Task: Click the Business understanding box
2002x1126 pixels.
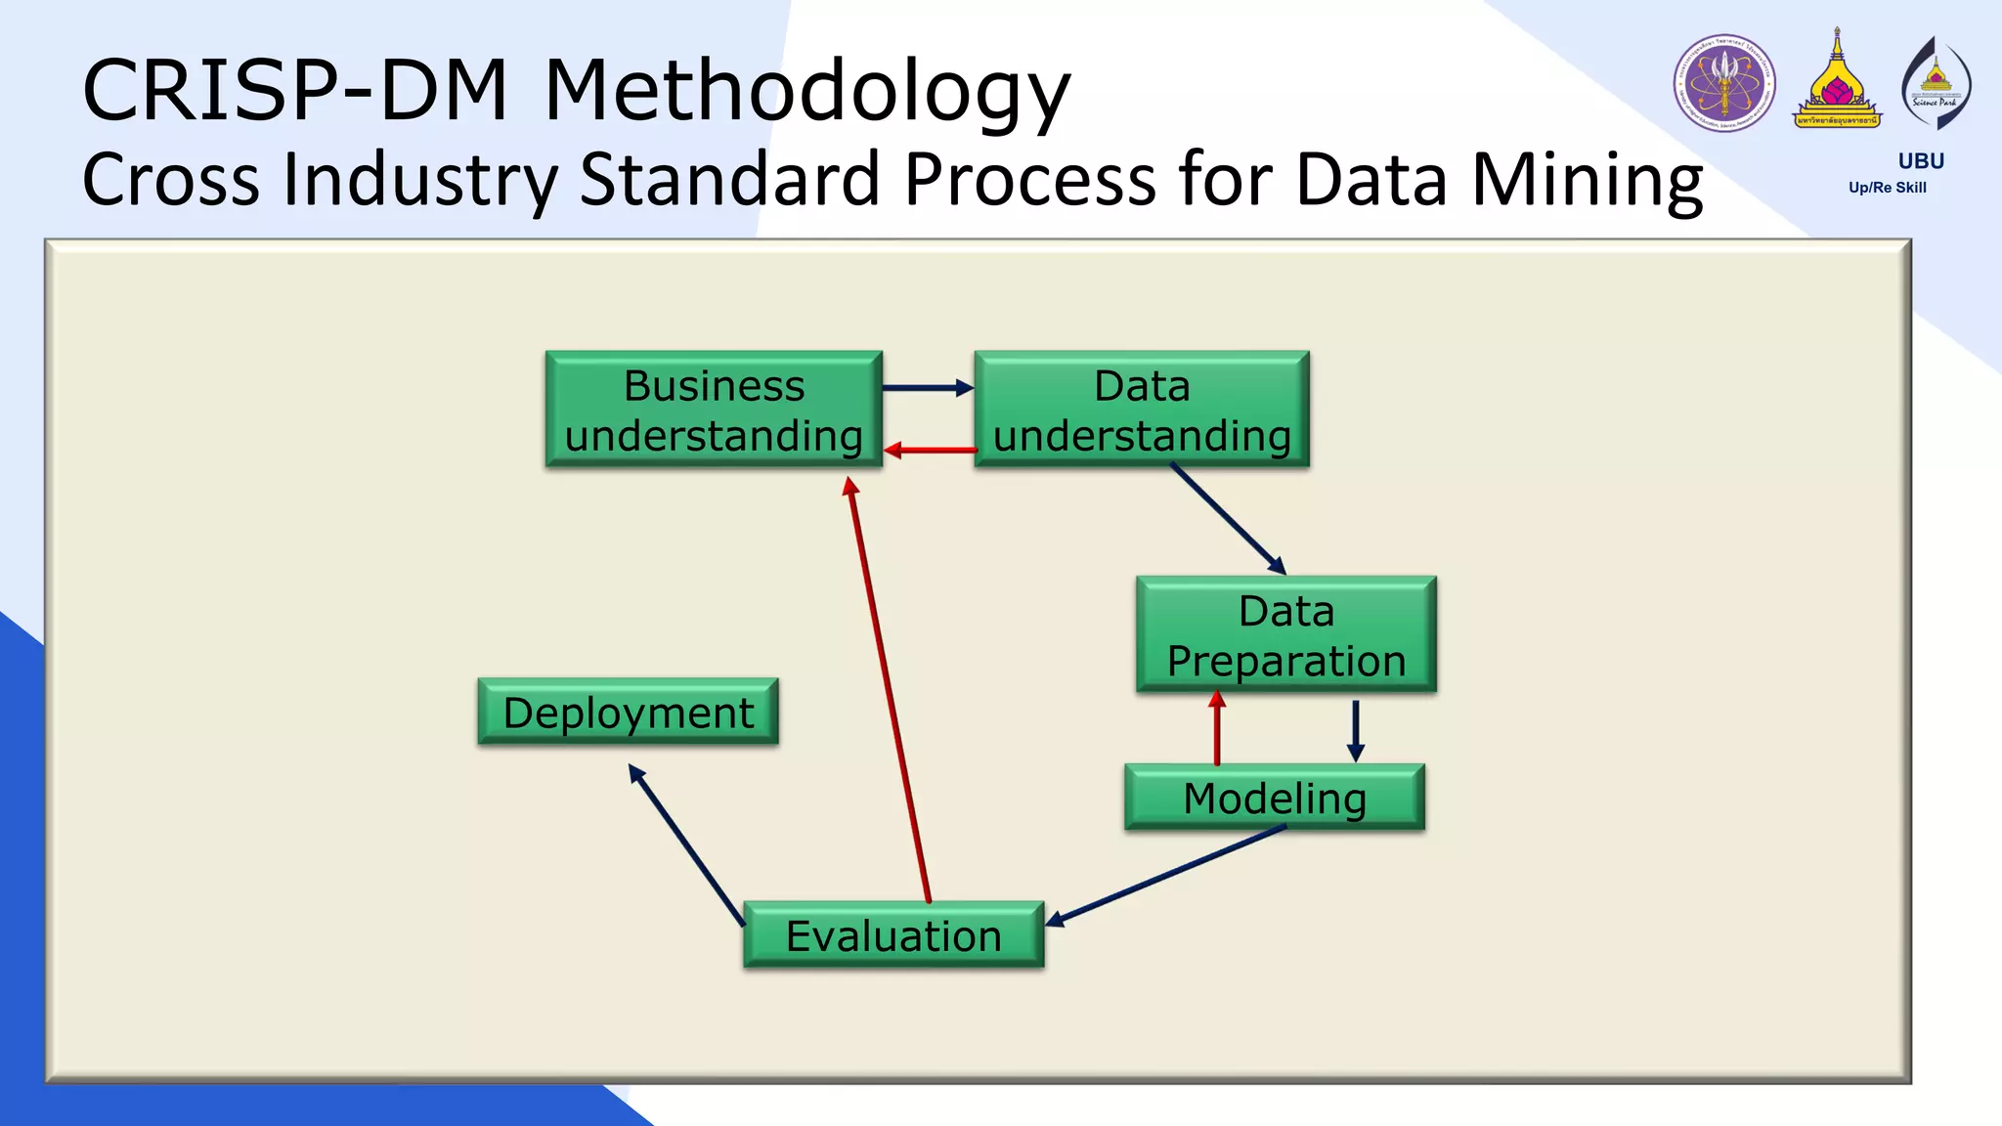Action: coord(714,410)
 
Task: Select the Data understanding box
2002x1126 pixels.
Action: coord(1141,410)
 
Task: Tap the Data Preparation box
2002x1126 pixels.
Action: coord(1285,635)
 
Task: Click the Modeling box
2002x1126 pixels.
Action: coord(1274,798)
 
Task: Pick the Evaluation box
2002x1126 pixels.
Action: coord(893,935)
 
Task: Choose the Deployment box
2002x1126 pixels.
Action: coord(628,712)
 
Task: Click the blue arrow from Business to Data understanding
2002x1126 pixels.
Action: coord(927,388)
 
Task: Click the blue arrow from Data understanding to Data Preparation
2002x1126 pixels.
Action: coord(1228,519)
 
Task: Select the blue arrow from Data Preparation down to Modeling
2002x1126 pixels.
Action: coord(1355,729)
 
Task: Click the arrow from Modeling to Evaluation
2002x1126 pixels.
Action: coord(1163,876)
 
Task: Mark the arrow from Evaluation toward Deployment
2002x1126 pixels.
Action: coord(687,844)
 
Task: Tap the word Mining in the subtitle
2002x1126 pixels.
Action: coord(1586,181)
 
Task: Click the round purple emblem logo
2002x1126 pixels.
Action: coord(1724,84)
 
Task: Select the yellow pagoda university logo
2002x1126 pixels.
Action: coord(1837,82)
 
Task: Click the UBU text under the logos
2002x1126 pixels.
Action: coord(1920,161)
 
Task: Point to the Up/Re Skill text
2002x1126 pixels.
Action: coord(1887,188)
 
